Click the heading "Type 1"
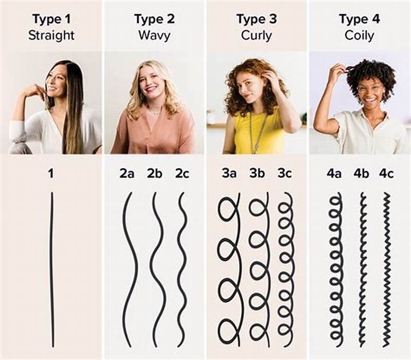tap(51, 20)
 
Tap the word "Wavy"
tap(154, 35)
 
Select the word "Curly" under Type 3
tap(257, 35)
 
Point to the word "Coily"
tap(360, 35)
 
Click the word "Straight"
tap(51, 35)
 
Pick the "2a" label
tap(127, 173)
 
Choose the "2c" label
tap(182, 173)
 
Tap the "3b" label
tap(257, 173)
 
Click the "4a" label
tap(334, 173)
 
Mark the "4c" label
tap(387, 173)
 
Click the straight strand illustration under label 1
tap(51, 267)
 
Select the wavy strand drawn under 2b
tap(157, 267)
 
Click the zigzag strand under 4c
tap(386, 267)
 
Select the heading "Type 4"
tap(360, 20)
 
